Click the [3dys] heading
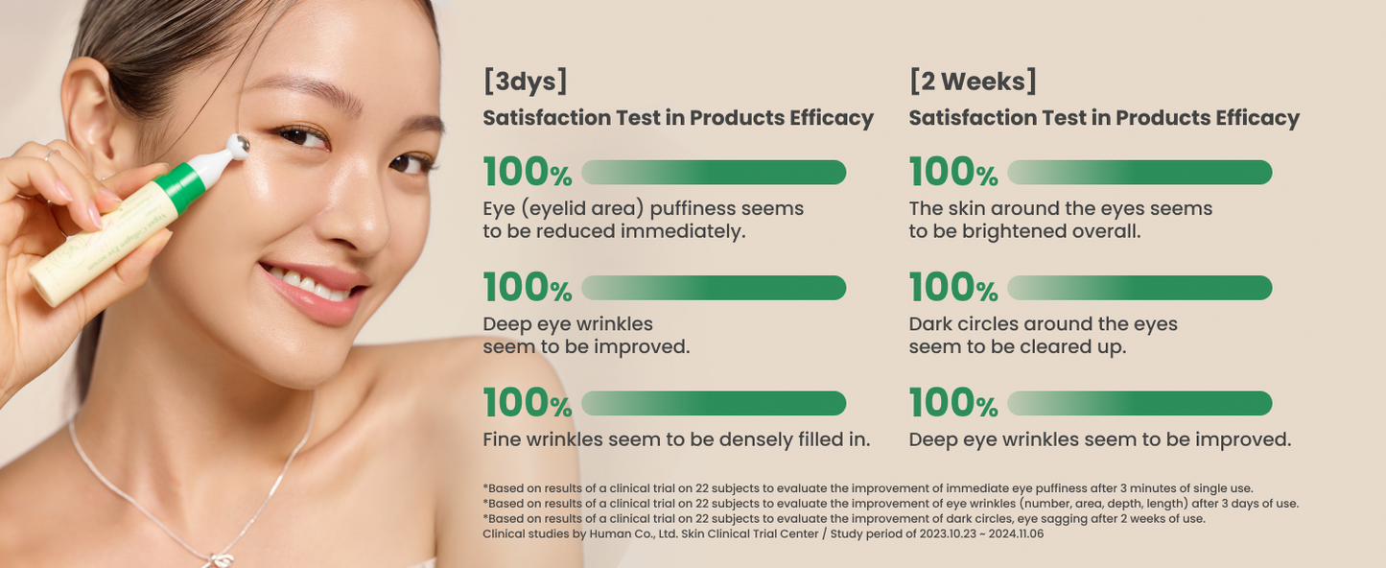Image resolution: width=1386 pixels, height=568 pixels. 525,82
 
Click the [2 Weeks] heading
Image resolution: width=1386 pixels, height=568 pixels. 973,82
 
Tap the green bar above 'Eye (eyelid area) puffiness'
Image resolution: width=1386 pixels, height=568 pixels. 714,173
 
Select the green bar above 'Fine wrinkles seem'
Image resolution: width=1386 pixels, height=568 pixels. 714,403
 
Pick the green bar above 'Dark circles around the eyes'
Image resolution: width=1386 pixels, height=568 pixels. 1139,288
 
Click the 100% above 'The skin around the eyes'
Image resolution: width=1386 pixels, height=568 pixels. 953,173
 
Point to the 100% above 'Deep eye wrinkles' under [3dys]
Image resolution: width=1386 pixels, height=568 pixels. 528,288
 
